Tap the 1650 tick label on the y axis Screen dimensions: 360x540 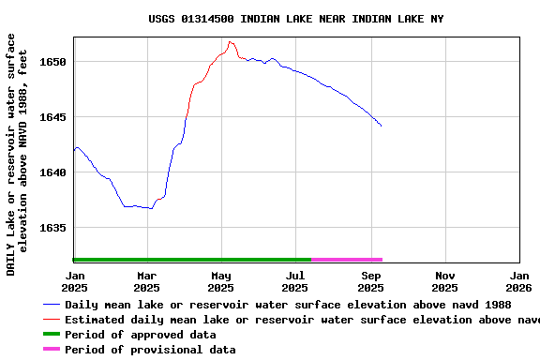click(x=53, y=62)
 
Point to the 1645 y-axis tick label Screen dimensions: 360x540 click(x=53, y=117)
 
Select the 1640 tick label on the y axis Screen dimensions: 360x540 click(x=53, y=172)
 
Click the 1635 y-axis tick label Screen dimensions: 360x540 click(x=53, y=228)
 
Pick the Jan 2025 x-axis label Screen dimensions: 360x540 click(x=73, y=281)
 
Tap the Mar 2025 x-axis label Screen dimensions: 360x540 click(x=146, y=281)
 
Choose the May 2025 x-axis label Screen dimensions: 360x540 click(x=221, y=281)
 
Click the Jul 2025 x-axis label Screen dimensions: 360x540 click(x=295, y=281)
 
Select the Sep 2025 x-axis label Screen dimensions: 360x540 click(x=371, y=281)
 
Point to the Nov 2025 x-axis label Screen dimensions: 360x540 click(x=445, y=281)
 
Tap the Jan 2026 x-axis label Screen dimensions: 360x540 click(x=519, y=281)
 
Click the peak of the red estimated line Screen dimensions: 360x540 click(x=230, y=41)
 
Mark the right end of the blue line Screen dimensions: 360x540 click(x=382, y=126)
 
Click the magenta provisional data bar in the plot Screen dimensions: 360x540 click(x=347, y=260)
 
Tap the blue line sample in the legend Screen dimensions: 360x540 click(x=52, y=305)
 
